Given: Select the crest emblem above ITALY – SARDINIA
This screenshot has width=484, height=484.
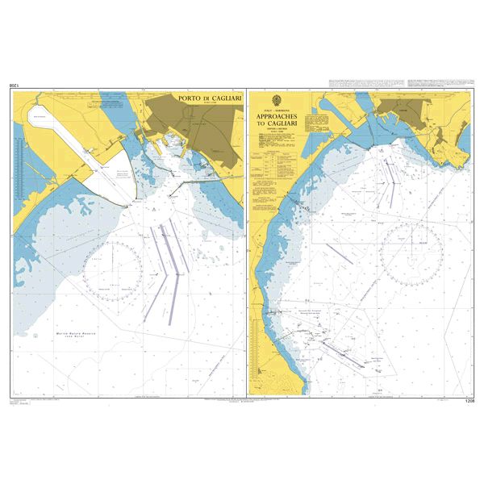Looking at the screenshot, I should click(277, 101).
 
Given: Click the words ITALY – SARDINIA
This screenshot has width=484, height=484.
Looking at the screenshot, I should click(277, 111).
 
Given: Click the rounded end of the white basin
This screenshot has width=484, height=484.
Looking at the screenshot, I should click(35, 115).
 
